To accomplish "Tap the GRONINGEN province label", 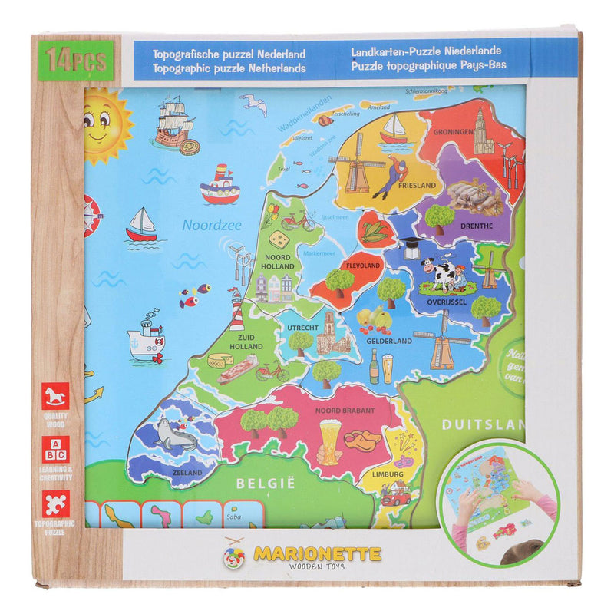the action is tap(453, 131).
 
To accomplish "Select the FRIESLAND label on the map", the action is tap(417, 185).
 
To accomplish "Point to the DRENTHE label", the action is tap(475, 226).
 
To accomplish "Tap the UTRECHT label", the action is tap(302, 327).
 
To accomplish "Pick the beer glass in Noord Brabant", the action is tap(330, 442).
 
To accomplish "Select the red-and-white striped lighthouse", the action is tap(237, 310).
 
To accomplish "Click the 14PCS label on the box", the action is tap(76, 59).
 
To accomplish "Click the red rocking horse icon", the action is tap(55, 396).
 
